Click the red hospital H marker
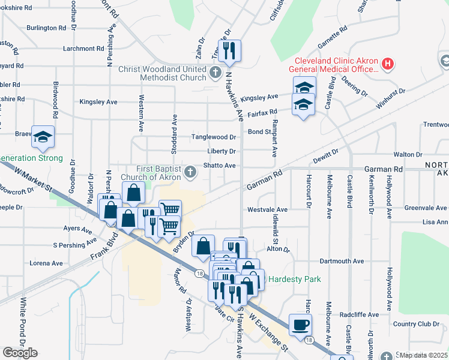(x=388, y=64)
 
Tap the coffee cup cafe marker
(x=300, y=325)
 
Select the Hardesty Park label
(x=294, y=279)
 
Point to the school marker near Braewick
(x=43, y=137)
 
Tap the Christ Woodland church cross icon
(x=217, y=73)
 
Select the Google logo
(x=20, y=353)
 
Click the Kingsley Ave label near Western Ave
(x=98, y=102)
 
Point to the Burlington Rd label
(x=46, y=28)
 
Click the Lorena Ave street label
(x=50, y=263)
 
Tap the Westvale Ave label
(x=268, y=210)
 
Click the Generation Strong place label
(x=31, y=158)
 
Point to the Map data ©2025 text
(x=423, y=355)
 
